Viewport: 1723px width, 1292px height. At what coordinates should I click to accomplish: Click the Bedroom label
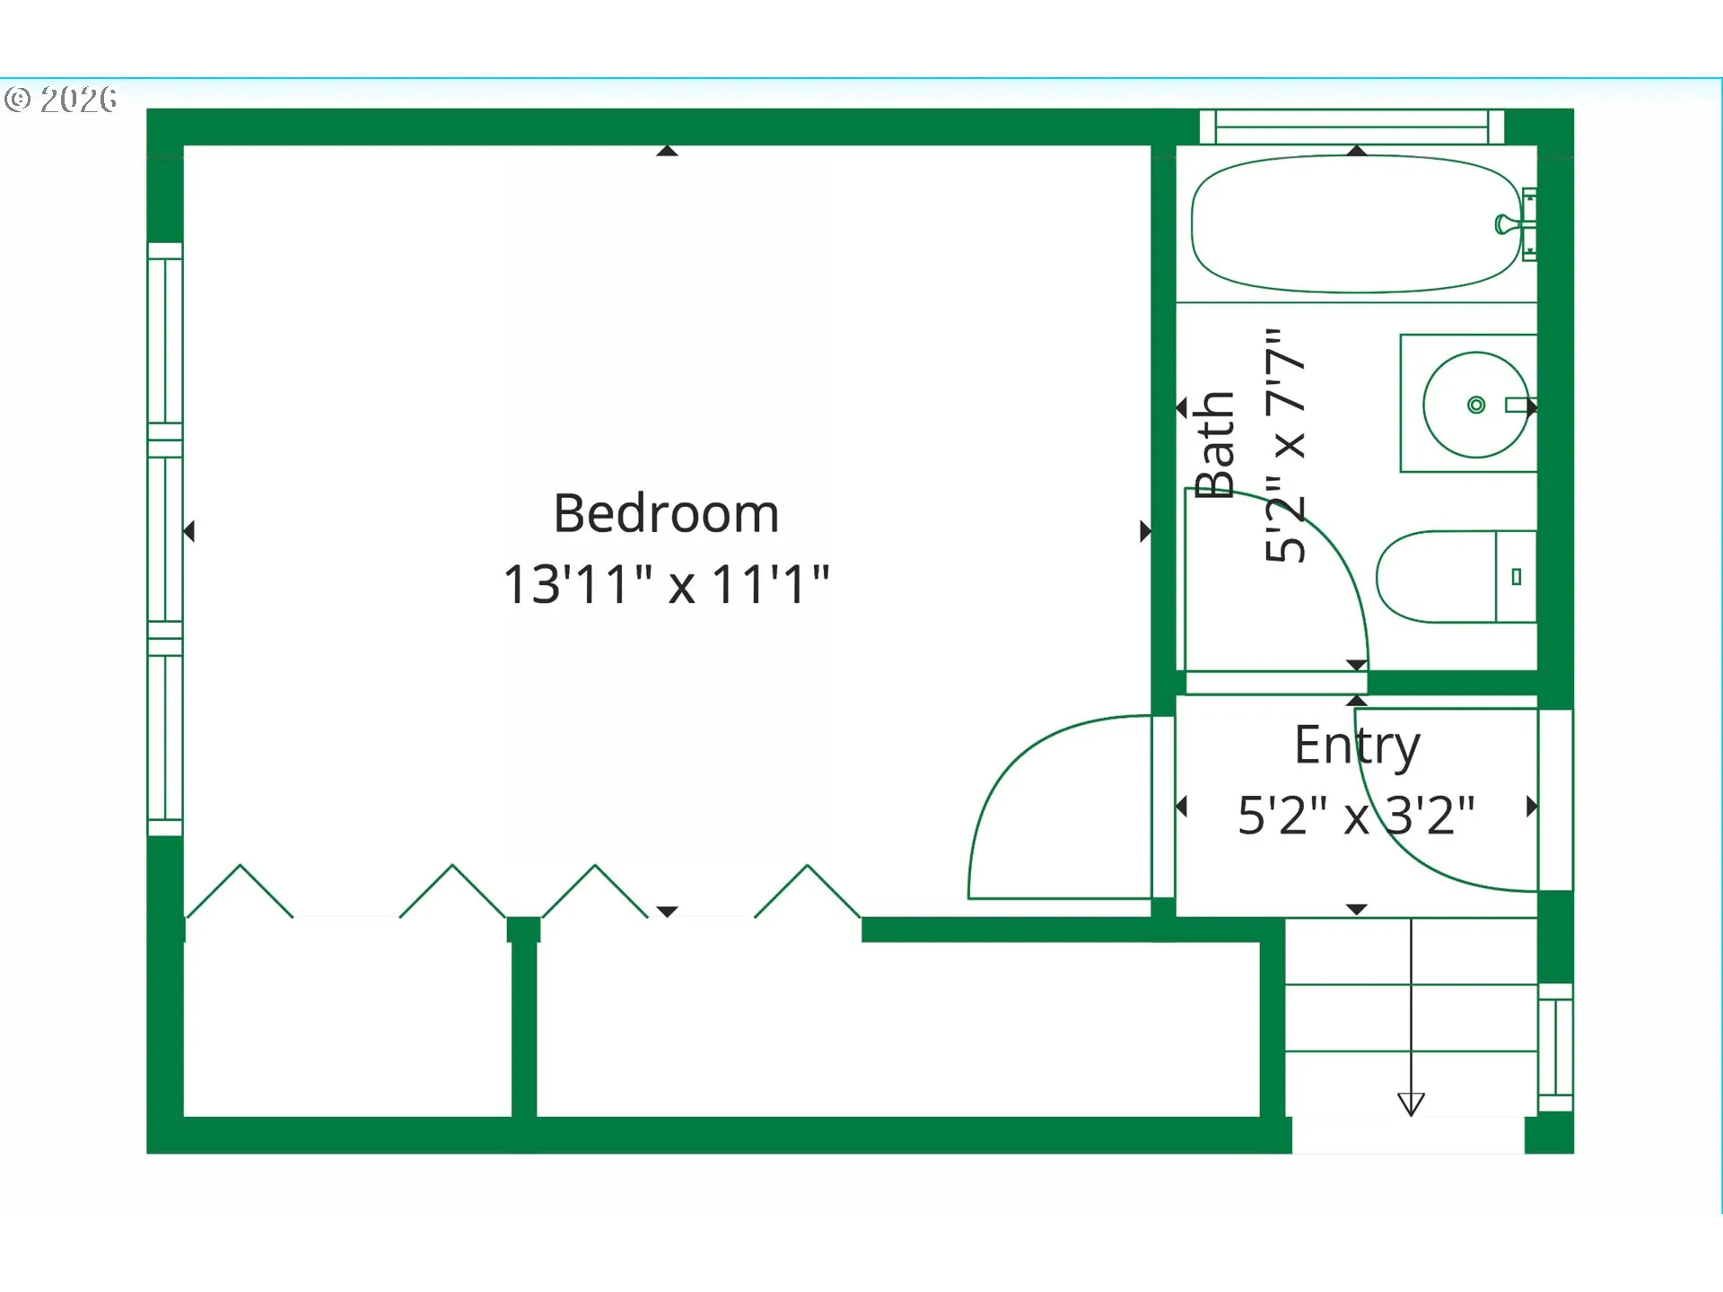666,513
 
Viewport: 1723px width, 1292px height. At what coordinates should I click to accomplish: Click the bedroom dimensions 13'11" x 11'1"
666,584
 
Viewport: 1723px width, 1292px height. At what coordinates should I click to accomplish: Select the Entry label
1356,745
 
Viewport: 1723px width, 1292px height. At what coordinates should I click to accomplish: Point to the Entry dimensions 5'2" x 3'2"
1356,816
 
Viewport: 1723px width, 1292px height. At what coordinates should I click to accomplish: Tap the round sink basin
1474,405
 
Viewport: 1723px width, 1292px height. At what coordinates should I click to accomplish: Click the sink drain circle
1475,405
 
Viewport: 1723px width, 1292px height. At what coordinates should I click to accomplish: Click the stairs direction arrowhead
1411,1104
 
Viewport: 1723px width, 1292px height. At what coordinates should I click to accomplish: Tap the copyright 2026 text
61,99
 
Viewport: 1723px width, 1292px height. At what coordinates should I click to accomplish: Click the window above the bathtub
1351,127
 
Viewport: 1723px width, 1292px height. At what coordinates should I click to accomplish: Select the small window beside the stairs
1555,1047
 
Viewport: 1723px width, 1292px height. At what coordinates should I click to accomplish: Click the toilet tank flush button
1516,577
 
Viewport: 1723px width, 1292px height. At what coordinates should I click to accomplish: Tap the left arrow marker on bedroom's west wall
189,531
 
